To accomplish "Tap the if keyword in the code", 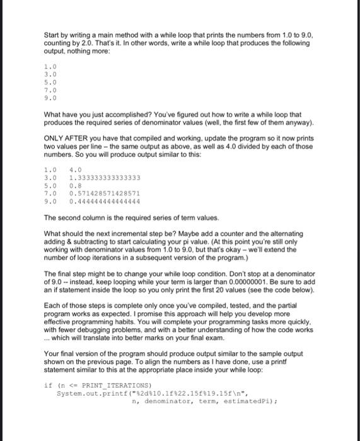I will (x=47, y=384).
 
